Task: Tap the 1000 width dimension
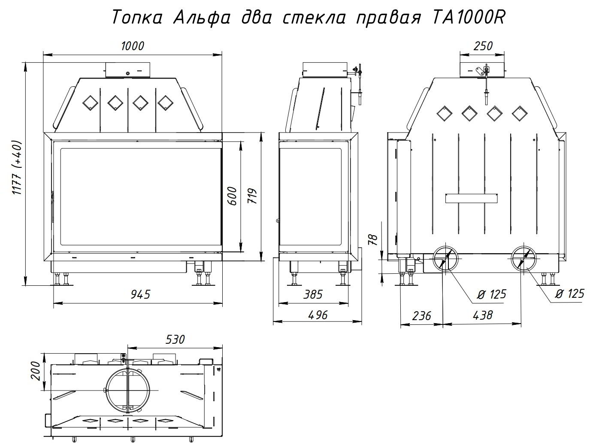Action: (133, 46)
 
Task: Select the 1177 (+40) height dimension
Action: (16, 167)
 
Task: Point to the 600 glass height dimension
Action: (232, 196)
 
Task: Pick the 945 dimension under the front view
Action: (140, 294)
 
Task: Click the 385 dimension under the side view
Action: (313, 294)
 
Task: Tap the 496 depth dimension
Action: (318, 315)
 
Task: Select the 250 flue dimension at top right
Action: (483, 46)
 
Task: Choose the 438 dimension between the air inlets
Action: (483, 315)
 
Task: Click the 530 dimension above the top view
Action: (175, 339)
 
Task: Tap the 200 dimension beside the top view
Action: (36, 371)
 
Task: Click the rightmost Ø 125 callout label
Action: (569, 294)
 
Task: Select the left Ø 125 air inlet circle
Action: (445, 258)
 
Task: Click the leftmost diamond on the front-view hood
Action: (90, 103)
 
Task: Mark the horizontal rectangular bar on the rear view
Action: (472, 199)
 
